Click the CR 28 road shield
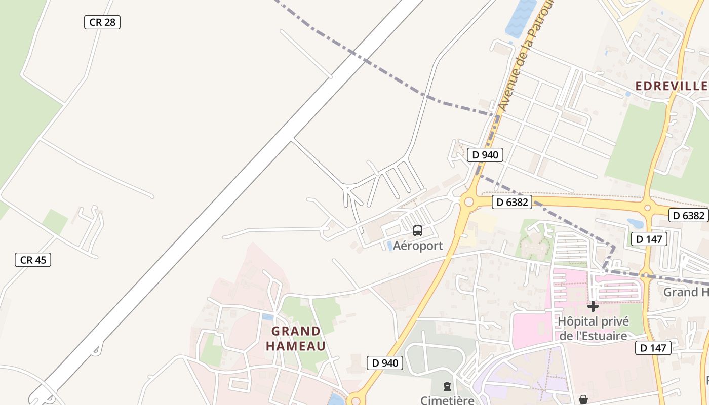pos(102,22)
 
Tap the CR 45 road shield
pos(33,260)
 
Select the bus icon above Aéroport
pos(418,231)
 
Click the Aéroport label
pos(418,246)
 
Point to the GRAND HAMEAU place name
pos(296,339)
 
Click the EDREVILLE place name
pos(671,86)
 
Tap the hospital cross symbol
pos(593,306)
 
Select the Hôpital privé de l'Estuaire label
pos(593,329)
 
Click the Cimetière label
pos(447,400)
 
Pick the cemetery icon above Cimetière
pos(447,387)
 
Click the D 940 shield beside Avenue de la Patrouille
pos(485,155)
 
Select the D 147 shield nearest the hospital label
pos(653,348)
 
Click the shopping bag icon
pos(583,399)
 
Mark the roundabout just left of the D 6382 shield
pos(468,202)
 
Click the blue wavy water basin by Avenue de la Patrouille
pos(521,18)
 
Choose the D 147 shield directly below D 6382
pos(649,239)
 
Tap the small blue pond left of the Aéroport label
pos(390,246)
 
